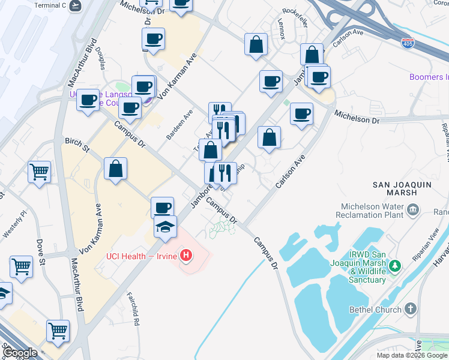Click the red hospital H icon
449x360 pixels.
[x=187, y=256]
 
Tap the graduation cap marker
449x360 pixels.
[x=165, y=227]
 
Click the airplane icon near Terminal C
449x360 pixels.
[x=75, y=5]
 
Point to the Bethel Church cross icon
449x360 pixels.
[x=410, y=309]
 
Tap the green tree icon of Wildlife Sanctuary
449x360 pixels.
[x=394, y=265]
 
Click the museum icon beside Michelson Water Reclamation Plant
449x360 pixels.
[x=413, y=209]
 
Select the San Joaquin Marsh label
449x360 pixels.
[x=402, y=185]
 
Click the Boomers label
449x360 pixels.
[x=429, y=77]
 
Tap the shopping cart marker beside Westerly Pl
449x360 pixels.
[x=39, y=172]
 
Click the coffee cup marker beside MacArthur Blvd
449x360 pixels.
[x=88, y=100]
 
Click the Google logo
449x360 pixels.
[x=21, y=353]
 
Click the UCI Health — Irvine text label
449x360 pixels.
[x=143, y=256]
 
